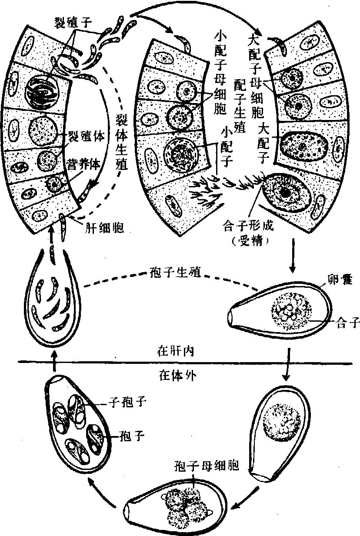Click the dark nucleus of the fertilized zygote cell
tap(284, 191)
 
